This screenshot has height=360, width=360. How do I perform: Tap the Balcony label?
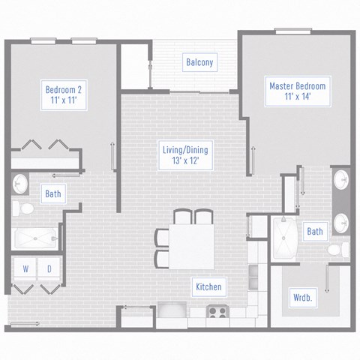click(200, 62)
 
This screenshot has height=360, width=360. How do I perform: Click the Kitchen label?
click(208, 286)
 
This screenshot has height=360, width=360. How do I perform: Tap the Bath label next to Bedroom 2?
click(52, 194)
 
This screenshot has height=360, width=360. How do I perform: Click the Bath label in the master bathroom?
click(315, 232)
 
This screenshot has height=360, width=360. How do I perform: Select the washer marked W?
click(25, 268)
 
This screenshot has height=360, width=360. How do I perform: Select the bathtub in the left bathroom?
click(34, 238)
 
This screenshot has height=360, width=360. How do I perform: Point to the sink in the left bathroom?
click(20, 184)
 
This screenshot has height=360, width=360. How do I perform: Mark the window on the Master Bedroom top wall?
click(294, 31)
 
